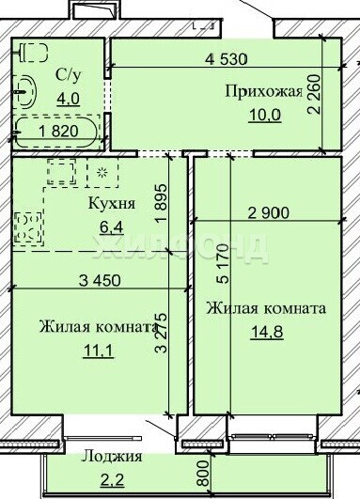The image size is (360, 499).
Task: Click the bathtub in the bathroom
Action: click(56, 133)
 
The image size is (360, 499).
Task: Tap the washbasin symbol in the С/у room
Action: click(25, 92)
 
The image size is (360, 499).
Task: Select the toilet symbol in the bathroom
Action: click(34, 53)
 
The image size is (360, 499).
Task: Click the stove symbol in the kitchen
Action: click(28, 228)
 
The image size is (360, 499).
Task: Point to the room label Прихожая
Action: click(264, 92)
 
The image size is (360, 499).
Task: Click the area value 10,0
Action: click(265, 115)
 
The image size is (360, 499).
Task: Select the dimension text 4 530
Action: click(226, 59)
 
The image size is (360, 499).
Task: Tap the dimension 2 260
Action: click(314, 94)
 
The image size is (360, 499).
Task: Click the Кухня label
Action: click(112, 203)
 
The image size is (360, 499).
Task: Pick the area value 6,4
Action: click(112, 227)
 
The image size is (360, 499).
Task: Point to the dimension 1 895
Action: click(161, 205)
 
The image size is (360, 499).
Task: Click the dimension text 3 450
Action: click(100, 280)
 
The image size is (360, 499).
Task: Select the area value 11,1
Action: click(99, 351)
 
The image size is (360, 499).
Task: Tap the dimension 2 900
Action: click(268, 213)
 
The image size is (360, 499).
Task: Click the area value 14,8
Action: click(267, 333)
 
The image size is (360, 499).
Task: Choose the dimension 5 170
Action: click(223, 263)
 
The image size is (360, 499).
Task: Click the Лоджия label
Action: click(112, 457)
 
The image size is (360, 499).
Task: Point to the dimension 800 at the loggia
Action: click(204, 474)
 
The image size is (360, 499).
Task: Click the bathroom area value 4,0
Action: click(68, 99)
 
